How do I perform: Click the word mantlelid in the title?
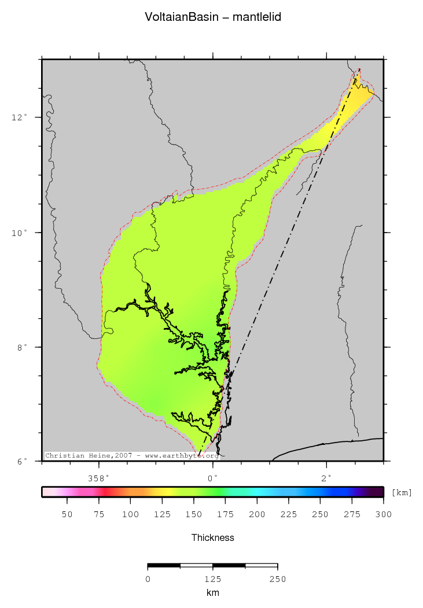[257, 17]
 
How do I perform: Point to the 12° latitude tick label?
[20, 117]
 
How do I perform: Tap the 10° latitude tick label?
[20, 233]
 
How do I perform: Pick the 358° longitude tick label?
[99, 478]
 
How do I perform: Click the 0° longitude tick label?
[213, 478]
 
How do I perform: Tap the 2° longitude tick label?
[327, 478]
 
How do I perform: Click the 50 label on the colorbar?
[67, 514]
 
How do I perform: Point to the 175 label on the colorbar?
[194, 514]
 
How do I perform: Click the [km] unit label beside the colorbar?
[402, 492]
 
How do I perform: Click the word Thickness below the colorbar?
[213, 538]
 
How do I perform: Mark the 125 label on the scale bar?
[213, 579]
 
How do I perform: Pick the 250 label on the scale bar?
[278, 579]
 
